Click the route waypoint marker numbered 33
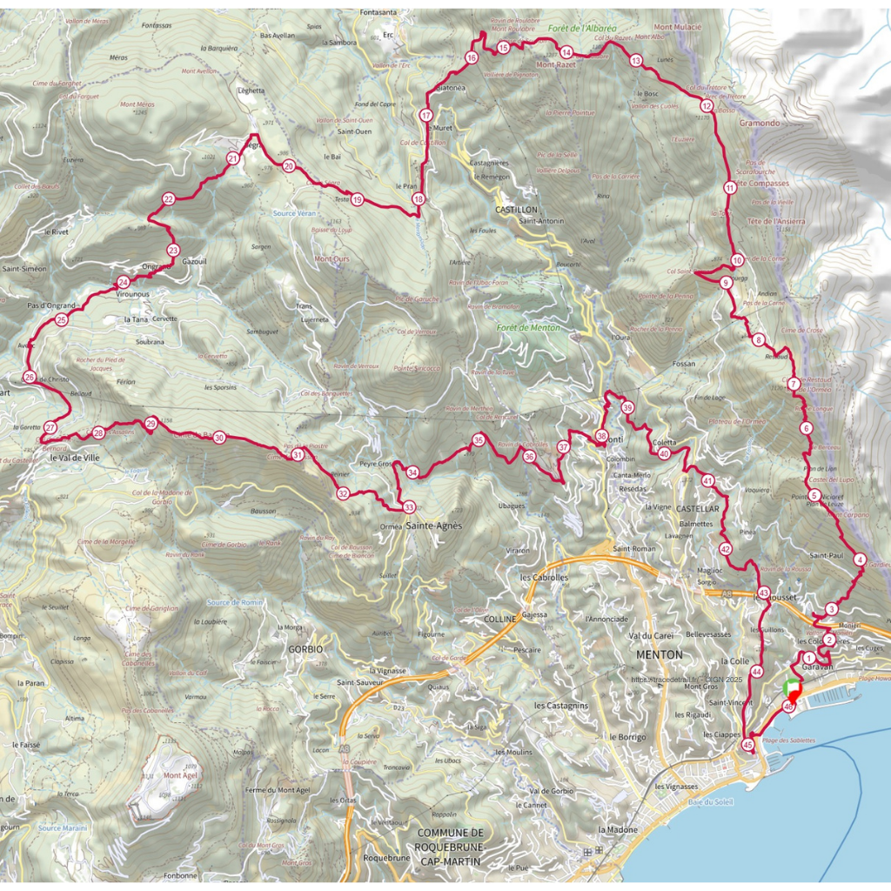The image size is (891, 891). [x=409, y=507]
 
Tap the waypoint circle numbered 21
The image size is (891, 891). [x=232, y=158]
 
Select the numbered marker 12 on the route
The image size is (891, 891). [x=707, y=105]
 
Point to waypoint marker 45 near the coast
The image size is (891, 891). [x=747, y=745]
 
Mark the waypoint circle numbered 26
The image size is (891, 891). [x=30, y=378]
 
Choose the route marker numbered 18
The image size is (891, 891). [x=419, y=199]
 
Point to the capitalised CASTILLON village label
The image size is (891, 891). [x=517, y=210]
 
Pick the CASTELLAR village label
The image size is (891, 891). [x=698, y=507]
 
